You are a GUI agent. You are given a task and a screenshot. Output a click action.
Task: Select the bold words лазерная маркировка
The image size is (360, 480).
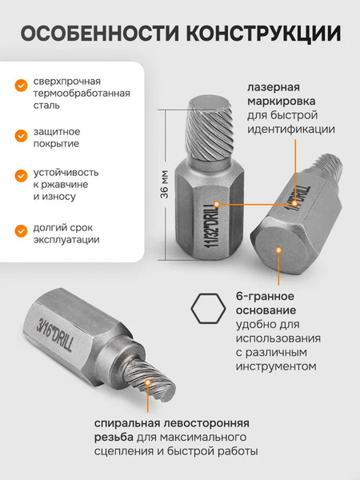(280, 94)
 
